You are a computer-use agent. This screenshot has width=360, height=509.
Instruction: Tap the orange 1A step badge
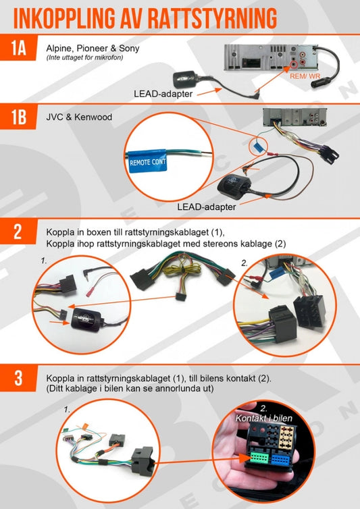(x=18, y=48)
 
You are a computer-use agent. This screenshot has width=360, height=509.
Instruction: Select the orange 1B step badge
(x=18, y=117)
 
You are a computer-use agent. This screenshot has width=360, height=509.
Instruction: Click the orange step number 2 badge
(x=18, y=232)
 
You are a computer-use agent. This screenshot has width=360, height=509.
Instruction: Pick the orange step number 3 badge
(x=18, y=378)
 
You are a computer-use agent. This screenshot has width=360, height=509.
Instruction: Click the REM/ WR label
(x=305, y=76)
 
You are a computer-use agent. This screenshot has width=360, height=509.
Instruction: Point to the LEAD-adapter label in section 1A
(x=163, y=94)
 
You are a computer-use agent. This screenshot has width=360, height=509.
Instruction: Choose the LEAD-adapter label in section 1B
(x=206, y=207)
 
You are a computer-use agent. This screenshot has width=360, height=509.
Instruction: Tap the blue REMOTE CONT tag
(x=147, y=161)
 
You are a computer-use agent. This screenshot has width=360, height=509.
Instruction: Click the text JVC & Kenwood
(x=79, y=117)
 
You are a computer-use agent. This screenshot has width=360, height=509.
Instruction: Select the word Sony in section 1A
(x=129, y=49)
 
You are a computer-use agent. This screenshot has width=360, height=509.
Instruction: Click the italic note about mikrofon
(x=84, y=57)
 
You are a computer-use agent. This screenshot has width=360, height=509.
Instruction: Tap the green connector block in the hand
(x=259, y=458)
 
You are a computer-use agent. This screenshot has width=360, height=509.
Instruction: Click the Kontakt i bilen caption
(x=264, y=418)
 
